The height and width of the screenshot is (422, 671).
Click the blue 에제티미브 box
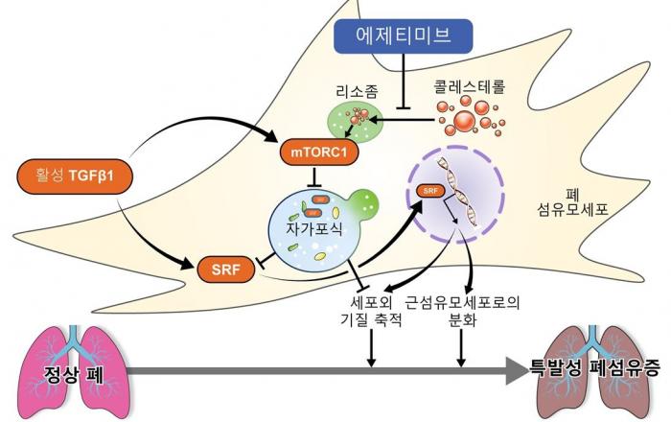click(404, 35)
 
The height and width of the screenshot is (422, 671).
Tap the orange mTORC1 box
click(319, 152)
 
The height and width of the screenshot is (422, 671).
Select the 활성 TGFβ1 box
click(75, 176)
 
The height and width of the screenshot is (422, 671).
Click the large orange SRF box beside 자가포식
click(225, 270)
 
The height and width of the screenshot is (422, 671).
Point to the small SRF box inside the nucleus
click(430, 191)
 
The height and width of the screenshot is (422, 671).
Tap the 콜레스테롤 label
click(470, 86)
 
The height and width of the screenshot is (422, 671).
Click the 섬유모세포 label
click(572, 210)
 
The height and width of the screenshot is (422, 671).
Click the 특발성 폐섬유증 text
click(595, 367)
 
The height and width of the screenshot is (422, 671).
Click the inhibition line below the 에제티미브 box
click(404, 82)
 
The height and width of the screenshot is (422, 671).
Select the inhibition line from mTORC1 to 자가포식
click(315, 176)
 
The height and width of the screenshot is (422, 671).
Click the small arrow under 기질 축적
click(372, 348)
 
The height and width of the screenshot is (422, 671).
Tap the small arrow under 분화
click(461, 348)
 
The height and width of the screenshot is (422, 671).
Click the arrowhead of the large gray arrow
click(518, 370)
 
